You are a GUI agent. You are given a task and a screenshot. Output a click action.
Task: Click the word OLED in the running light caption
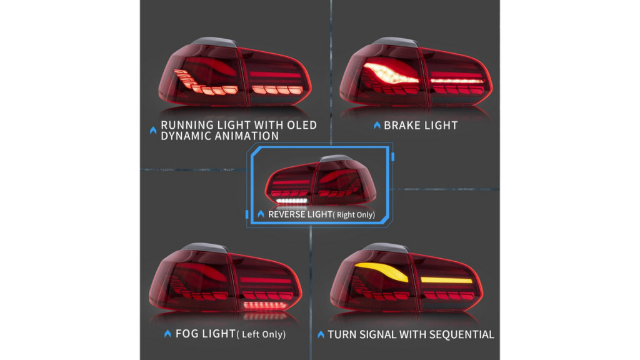(302, 125)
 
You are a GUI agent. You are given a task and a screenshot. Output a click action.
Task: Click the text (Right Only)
(354, 215)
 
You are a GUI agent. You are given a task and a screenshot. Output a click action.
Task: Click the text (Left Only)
(261, 334)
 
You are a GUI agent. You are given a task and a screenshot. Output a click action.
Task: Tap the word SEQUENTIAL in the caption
(461, 335)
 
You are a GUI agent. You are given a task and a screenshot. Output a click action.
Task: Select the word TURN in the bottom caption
(342, 335)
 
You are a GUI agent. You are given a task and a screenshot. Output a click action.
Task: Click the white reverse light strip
(292, 201)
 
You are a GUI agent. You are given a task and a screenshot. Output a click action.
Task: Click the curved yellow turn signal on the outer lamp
(382, 271)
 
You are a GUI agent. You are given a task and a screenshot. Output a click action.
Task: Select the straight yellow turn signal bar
(446, 280)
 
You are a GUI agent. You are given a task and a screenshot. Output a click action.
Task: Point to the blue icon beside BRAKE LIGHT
(377, 125)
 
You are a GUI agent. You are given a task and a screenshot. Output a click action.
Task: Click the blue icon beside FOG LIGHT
(167, 334)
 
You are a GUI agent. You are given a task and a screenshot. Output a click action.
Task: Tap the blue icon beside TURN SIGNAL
(321, 335)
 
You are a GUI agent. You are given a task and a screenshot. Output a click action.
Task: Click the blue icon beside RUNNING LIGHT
(153, 130)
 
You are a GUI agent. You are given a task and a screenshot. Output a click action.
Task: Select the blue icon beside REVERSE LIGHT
(261, 214)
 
